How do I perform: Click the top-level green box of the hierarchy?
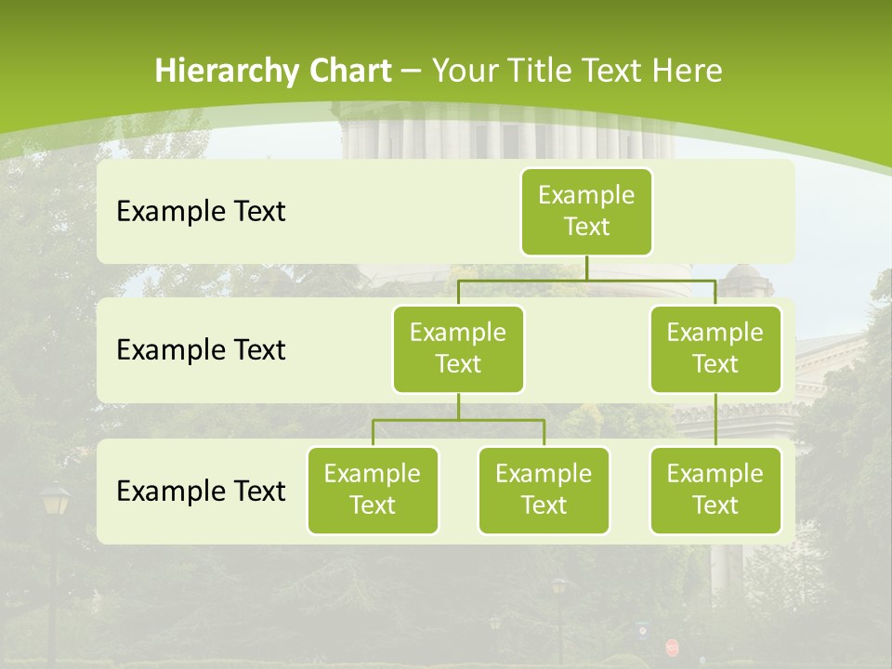tap(586, 211)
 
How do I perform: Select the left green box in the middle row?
tap(458, 348)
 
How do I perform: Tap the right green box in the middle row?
tap(715, 348)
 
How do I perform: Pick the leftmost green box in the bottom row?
tap(373, 490)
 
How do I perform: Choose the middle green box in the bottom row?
tap(544, 490)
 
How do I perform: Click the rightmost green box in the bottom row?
tap(715, 490)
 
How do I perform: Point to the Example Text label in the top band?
tap(201, 212)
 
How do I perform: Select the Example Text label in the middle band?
tap(201, 350)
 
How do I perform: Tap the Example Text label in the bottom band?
tap(201, 491)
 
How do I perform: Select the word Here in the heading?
tap(688, 71)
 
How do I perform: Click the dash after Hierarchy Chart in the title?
tap(411, 71)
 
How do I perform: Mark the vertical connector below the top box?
tap(586, 268)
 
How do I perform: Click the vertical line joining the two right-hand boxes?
tap(715, 420)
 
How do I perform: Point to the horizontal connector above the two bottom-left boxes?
tap(458, 420)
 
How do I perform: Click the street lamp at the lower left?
tap(55, 506)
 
